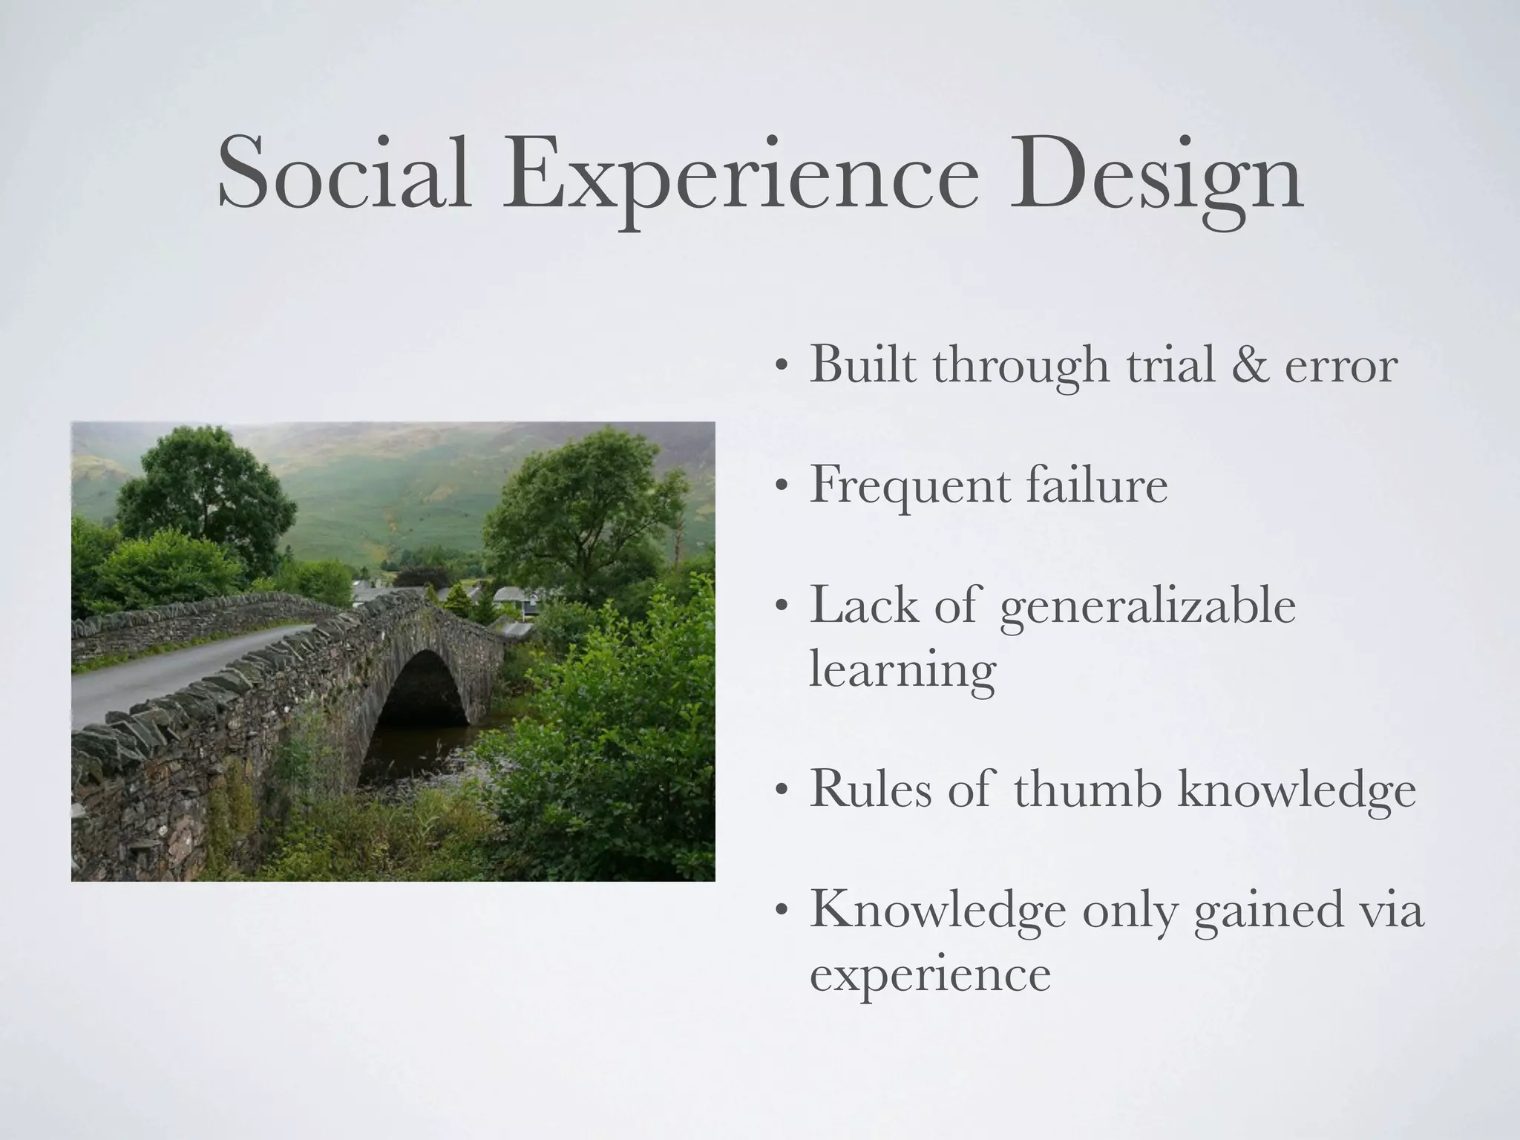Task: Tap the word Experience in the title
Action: [x=739, y=178]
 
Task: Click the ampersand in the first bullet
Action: [x=1250, y=365]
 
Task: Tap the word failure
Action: [x=1098, y=485]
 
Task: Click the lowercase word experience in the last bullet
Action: [x=930, y=974]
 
